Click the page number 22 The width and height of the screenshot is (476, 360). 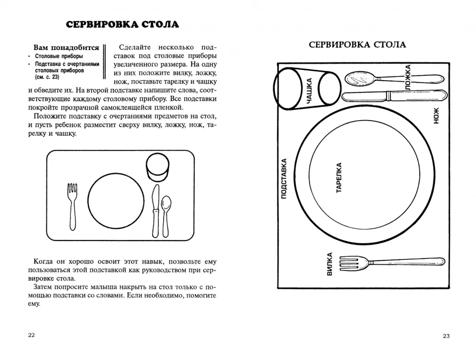[31, 336]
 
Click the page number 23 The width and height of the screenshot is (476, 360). [446, 336]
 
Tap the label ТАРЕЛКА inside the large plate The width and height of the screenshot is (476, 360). [339, 178]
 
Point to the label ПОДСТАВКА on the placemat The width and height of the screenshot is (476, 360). [284, 178]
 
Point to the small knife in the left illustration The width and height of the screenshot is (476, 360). [155, 207]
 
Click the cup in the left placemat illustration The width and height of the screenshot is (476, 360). [158, 167]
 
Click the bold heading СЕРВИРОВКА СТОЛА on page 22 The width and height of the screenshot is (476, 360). [122, 24]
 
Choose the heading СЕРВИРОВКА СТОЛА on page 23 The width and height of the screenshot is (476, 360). [357, 45]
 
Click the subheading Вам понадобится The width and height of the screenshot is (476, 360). [66, 48]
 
